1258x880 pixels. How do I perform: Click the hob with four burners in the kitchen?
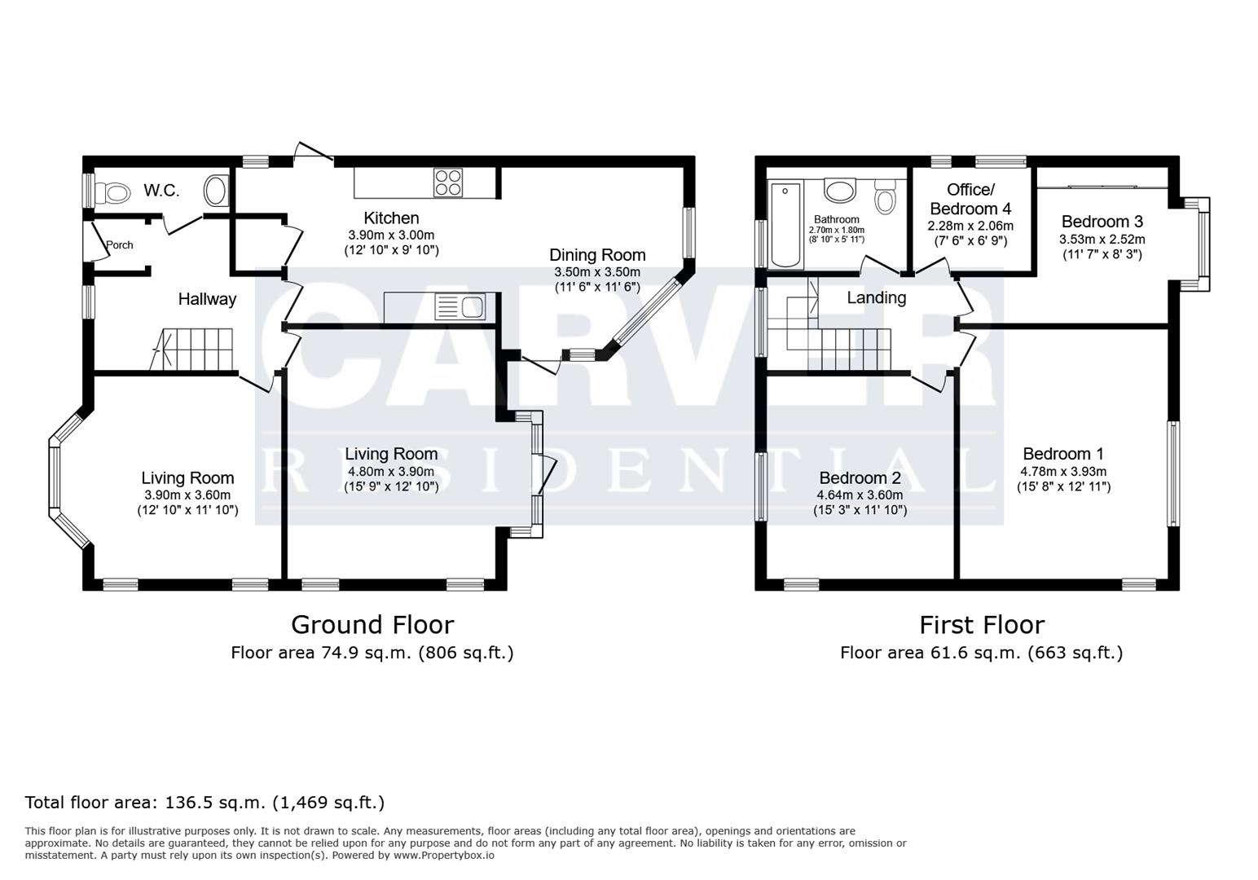pos(448,183)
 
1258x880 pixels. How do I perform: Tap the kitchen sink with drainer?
pos(460,307)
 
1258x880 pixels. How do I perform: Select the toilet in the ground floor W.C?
pos(112,193)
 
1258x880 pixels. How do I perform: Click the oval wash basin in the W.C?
pos(216,192)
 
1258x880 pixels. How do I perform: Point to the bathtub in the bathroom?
pos(786,224)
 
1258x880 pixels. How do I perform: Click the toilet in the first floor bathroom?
pos(885,196)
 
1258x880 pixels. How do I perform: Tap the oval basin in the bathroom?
pos(839,191)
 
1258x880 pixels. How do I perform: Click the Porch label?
pos(120,245)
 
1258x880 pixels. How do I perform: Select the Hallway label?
pos(207,299)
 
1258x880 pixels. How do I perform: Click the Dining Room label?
pos(597,255)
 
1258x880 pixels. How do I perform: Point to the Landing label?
pos(876,297)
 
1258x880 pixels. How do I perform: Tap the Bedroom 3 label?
pos(1102,222)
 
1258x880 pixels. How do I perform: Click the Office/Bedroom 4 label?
pos(970,199)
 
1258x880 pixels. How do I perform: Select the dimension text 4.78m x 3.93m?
pos(1063,471)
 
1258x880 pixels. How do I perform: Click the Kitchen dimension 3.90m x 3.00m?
pos(391,234)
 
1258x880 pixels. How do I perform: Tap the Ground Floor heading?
pos(372,625)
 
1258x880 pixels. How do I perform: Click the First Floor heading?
pos(981,625)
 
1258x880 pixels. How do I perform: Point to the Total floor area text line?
pos(205,803)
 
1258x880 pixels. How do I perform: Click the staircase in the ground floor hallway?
pos(198,350)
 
